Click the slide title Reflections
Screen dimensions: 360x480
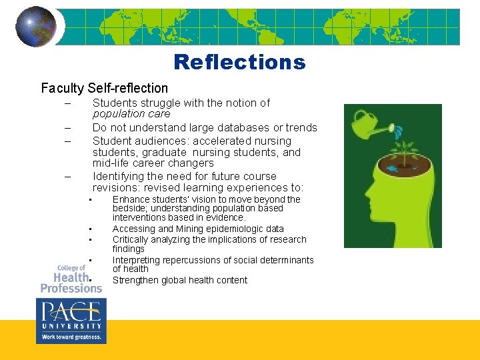pos(239,62)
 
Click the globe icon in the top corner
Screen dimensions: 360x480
pos(35,27)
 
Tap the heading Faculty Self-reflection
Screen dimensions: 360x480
pos(105,88)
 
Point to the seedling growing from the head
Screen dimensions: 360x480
pos(404,148)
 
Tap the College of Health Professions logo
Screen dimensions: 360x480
pos(71,278)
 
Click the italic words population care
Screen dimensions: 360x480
pos(131,113)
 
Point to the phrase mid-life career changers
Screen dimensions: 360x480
pos(153,163)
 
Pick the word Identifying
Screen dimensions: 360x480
pos(117,177)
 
